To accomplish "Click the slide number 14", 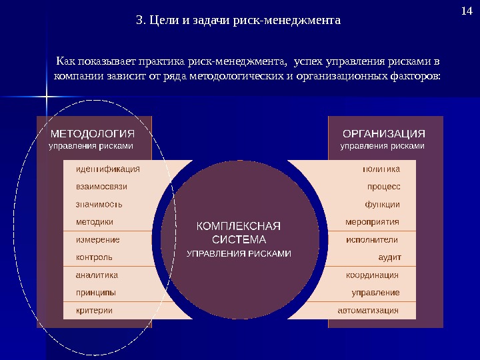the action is [466, 11].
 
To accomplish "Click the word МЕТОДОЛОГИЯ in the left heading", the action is [93, 133].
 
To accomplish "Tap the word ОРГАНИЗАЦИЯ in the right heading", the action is [383, 133].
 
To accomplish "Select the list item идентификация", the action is [107, 169].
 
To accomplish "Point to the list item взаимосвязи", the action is [101, 187].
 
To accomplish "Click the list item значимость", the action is [99, 204].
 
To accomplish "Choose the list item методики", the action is [95, 222].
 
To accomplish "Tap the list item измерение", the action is [98, 239].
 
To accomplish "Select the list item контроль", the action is [95, 257].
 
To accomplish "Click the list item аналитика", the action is [97, 275].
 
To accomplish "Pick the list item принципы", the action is [96, 292].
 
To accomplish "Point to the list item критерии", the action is [95, 310].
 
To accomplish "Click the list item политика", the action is [381, 169].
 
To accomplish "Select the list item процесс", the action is [384, 187].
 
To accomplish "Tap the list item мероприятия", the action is [372, 222].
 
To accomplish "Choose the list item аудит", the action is [389, 257].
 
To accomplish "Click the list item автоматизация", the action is [368, 310].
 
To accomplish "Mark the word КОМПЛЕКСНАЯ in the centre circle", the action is [239, 226].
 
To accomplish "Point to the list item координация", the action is [372, 275].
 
